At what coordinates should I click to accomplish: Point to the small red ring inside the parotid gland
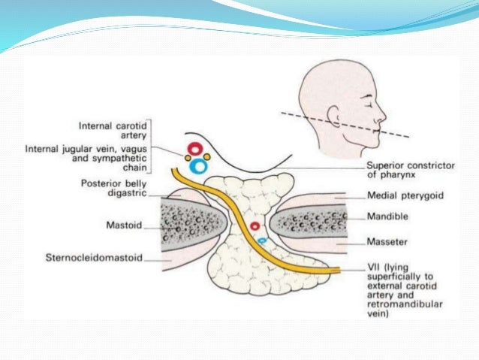click(255, 225)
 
